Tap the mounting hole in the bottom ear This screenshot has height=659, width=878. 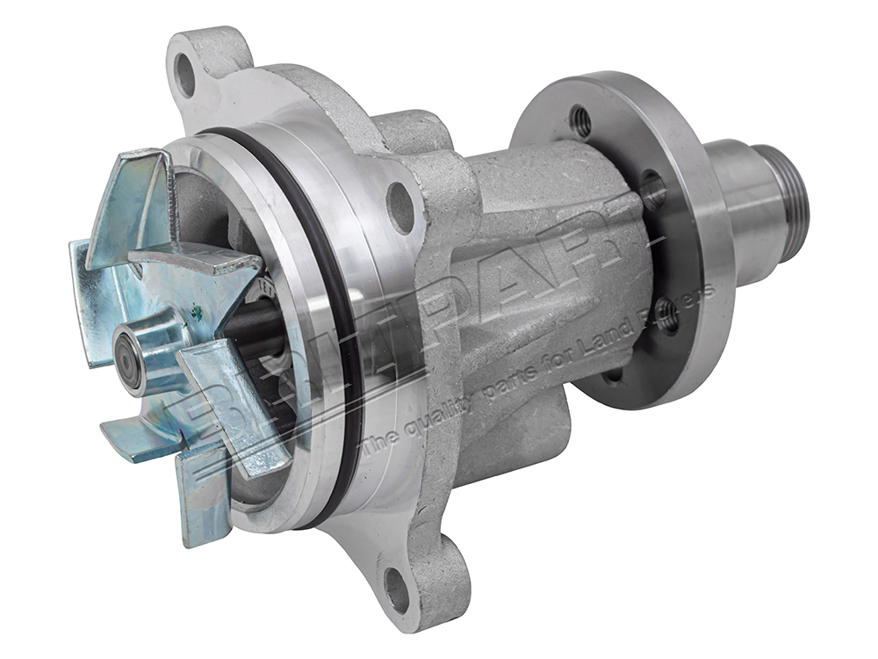tap(397, 590)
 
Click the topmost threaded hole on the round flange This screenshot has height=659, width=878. tap(580, 120)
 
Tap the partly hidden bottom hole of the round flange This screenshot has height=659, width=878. tap(614, 374)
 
